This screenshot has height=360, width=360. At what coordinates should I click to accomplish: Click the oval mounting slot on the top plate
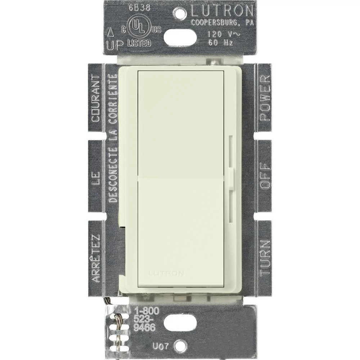click(180, 37)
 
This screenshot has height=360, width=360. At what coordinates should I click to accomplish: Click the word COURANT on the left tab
click(96, 98)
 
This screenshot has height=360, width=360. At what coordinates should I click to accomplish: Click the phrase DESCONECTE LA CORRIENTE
click(113, 139)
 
